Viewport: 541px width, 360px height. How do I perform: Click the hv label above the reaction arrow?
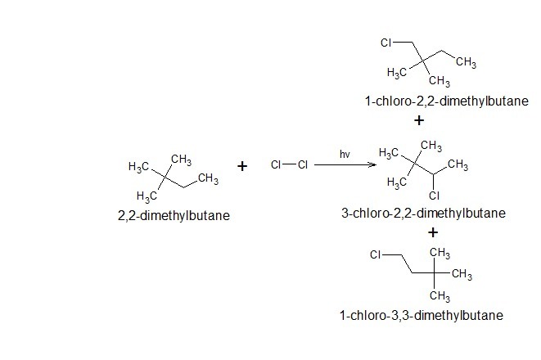pyautogui.click(x=345, y=154)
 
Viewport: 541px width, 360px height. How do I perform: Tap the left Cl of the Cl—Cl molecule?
pyautogui.click(x=276, y=165)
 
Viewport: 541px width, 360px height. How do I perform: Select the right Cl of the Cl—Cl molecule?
pyautogui.click(x=302, y=165)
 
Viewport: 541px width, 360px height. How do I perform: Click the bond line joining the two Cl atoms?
pyautogui.click(x=289, y=165)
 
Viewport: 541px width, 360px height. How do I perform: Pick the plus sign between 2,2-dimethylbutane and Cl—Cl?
pyautogui.click(x=242, y=166)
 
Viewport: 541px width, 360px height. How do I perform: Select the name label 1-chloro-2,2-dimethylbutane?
pyautogui.click(x=435, y=102)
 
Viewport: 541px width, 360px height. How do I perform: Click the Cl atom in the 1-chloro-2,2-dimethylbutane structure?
pyautogui.click(x=388, y=42)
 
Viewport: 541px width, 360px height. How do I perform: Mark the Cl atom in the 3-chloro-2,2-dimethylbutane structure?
pyautogui.click(x=434, y=196)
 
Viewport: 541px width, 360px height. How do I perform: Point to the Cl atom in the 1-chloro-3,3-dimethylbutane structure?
pyautogui.click(x=376, y=254)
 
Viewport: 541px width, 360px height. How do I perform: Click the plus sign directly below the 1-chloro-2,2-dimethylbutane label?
pyautogui.click(x=420, y=120)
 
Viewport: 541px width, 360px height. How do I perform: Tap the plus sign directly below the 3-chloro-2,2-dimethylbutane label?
pyautogui.click(x=434, y=232)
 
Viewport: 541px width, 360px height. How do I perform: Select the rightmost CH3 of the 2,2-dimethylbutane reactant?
pyautogui.click(x=207, y=179)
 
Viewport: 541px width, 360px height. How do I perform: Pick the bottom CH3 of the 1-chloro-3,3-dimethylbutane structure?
pyautogui.click(x=440, y=295)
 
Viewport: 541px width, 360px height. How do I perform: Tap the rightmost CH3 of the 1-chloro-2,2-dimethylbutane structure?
pyautogui.click(x=467, y=63)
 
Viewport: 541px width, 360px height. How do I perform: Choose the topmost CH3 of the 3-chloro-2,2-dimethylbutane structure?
pyautogui.click(x=431, y=147)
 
